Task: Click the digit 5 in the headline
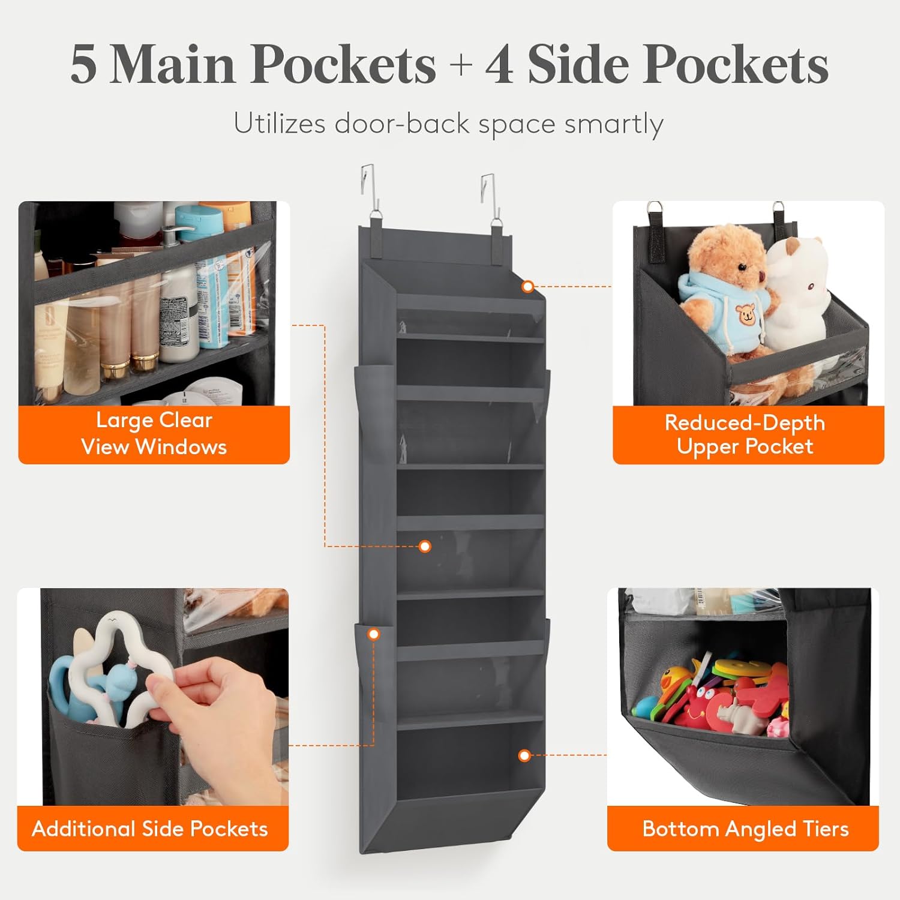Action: (84, 64)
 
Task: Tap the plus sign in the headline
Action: (461, 65)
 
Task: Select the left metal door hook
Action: (370, 191)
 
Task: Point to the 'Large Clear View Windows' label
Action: (154, 434)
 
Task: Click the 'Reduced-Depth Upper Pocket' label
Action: (745, 434)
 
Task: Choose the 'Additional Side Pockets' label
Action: (150, 829)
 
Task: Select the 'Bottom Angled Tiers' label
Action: (746, 829)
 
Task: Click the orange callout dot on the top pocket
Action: (528, 287)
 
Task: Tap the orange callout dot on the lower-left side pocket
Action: (374, 634)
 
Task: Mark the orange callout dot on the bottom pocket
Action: (524, 755)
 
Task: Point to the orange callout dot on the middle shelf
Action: (425, 546)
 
